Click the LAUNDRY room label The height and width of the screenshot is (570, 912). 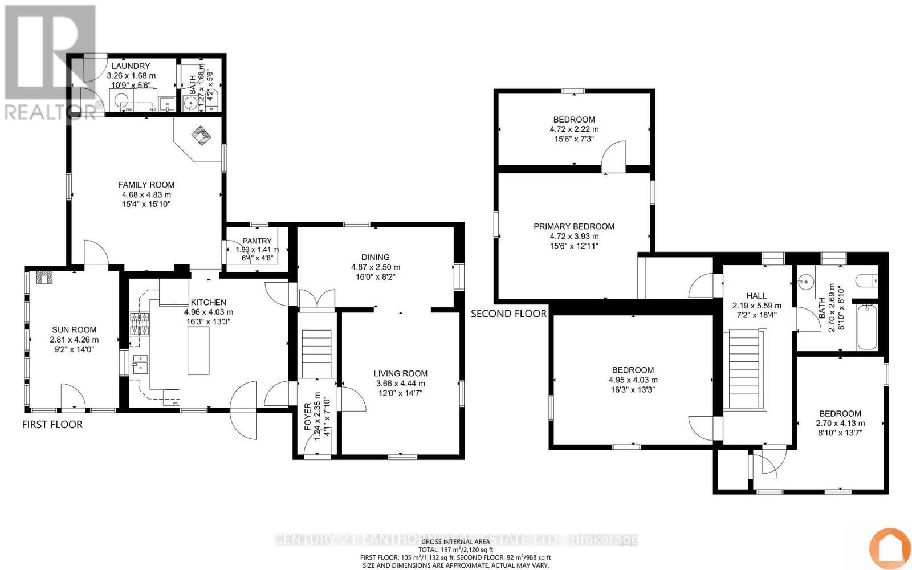click(x=131, y=66)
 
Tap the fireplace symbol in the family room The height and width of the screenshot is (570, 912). click(x=201, y=136)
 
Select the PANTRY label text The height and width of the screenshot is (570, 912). click(x=256, y=241)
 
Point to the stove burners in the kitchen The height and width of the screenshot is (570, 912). click(x=140, y=324)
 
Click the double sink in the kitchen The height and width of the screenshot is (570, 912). click(x=140, y=364)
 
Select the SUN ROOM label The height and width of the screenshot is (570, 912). click(x=74, y=329)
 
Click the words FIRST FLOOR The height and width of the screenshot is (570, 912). click(x=52, y=425)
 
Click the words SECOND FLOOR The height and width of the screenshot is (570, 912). click(x=508, y=313)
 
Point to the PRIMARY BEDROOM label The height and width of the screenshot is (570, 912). click(x=574, y=226)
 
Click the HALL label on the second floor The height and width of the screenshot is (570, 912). click(x=756, y=295)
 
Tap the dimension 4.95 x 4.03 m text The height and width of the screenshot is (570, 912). click(x=633, y=380)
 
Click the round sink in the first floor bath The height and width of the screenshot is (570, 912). click(x=191, y=104)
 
